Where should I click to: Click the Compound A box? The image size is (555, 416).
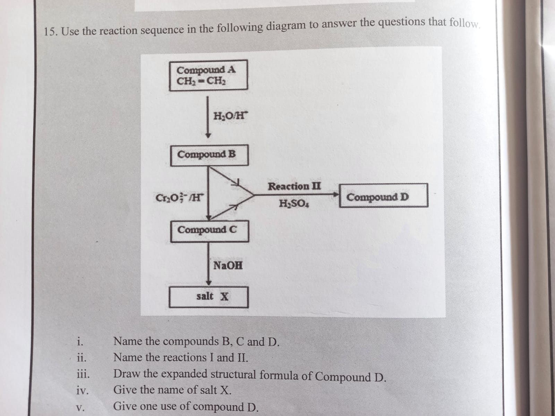[208, 75]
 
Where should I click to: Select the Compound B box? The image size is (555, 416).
[209, 155]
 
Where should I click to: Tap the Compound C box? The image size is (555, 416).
[210, 231]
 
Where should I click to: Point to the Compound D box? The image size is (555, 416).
[383, 196]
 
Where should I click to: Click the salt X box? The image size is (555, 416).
[209, 297]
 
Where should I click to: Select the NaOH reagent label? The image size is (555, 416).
[228, 266]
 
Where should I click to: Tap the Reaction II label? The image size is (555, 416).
[294, 187]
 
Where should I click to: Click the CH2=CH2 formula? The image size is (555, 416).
[202, 82]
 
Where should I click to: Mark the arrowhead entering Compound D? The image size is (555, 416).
[335, 195]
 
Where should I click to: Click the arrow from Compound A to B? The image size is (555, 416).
[208, 118]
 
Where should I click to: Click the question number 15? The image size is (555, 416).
[51, 32]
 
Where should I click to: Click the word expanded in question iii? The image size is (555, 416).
[185, 374]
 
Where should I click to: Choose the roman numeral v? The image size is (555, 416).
[80, 407]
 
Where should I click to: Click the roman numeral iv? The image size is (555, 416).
[82, 391]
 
